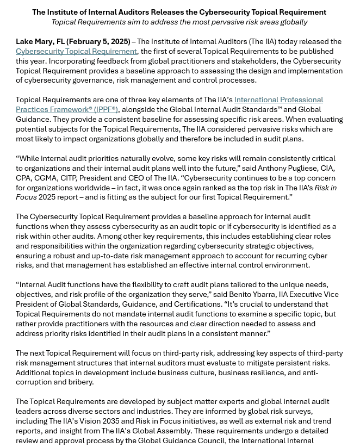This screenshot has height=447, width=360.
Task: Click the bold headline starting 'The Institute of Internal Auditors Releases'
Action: pyautogui.click(x=179, y=12)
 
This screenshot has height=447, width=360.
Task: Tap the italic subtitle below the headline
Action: pyautogui.click(x=179, y=22)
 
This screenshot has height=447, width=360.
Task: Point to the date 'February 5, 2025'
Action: pyautogui.click(x=100, y=42)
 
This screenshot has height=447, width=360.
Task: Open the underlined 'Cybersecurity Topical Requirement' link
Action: pyautogui.click(x=76, y=52)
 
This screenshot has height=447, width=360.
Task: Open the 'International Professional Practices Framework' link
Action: pyautogui.click(x=278, y=100)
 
